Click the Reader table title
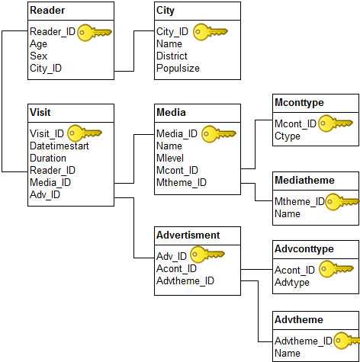[47, 11]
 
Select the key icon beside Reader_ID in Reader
[95, 33]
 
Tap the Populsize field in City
[178, 68]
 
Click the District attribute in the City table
[172, 56]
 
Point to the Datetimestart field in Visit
[59, 146]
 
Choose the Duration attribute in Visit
[48, 158]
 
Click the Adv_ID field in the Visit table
[45, 194]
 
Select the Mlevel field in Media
[170, 158]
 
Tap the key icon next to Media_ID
[219, 134]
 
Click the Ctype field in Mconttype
[288, 136]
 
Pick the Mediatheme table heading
[304, 180]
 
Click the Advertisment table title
[188, 235]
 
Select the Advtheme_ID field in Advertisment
[185, 280]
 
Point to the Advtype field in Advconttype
[292, 282]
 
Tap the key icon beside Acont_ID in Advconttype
[336, 269]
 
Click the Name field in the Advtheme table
[288, 353]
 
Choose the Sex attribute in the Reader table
[38, 56]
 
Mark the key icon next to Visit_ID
[85, 133]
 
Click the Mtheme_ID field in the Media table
[182, 182]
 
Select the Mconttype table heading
[299, 103]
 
